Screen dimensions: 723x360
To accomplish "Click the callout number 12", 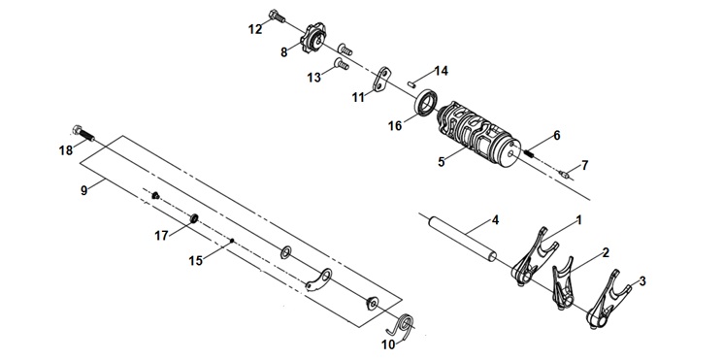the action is pyautogui.click(x=255, y=29).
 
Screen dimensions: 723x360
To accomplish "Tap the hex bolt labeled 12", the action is pyautogui.click(x=277, y=16).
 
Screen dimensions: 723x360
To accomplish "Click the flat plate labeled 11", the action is pyautogui.click(x=380, y=80).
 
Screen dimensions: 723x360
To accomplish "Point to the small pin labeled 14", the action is pyautogui.click(x=411, y=83).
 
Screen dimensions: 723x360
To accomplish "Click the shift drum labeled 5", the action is pyautogui.click(x=476, y=135).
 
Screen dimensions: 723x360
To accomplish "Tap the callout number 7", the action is pyautogui.click(x=584, y=166).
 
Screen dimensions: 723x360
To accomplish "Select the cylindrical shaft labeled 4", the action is pyautogui.click(x=463, y=239).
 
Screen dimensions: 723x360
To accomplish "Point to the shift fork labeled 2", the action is pyautogui.click(x=563, y=285).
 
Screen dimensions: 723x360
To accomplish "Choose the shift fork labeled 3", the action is pyautogui.click(x=608, y=300).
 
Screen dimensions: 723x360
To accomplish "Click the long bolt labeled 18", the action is pyautogui.click(x=83, y=133).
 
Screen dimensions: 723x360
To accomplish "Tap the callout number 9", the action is pyautogui.click(x=83, y=190).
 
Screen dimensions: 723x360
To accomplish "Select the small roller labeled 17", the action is pyautogui.click(x=195, y=217).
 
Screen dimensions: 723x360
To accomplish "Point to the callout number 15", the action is pyautogui.click(x=195, y=261).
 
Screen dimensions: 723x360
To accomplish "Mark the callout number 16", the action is pyautogui.click(x=395, y=125).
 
